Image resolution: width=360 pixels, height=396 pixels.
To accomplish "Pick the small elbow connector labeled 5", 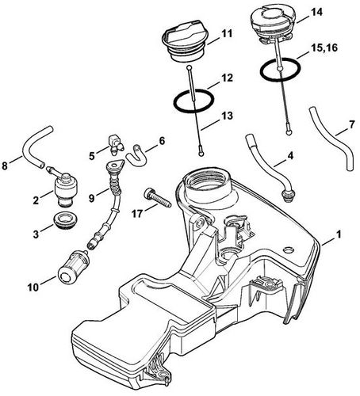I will (117, 144).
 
